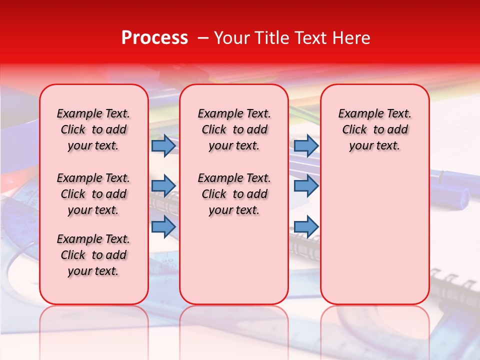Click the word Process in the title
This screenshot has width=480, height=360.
coord(154,38)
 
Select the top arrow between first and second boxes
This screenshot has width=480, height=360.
coord(163,146)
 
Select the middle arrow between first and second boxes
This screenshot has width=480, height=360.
coord(163,186)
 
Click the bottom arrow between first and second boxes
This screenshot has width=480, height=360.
coord(163,226)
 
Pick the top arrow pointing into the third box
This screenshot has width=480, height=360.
coord(306,146)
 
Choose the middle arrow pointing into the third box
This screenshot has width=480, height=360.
coord(306,186)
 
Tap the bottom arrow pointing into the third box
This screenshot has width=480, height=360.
coord(306,226)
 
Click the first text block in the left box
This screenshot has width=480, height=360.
coord(93,129)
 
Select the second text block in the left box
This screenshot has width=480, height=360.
coord(93,194)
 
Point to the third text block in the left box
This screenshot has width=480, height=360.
coord(93,255)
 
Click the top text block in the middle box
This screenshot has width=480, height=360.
coord(234,129)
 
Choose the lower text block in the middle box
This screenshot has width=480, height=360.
coord(234,194)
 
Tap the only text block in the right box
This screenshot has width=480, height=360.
coord(374,129)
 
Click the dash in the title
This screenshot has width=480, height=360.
coord(202,38)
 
